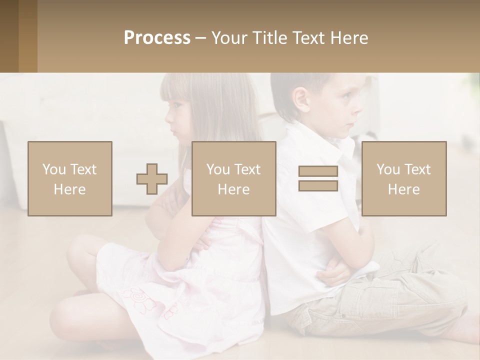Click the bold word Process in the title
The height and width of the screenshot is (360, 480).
tap(157, 38)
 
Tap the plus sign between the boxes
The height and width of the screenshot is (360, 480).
tap(152, 179)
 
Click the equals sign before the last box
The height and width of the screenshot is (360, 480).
tap(318, 178)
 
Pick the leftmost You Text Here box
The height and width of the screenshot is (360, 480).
tap(69, 178)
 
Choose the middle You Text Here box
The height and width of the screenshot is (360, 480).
tap(233, 178)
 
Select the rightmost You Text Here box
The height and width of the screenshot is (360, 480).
tap(403, 178)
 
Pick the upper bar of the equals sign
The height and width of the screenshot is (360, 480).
tap(318, 171)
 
